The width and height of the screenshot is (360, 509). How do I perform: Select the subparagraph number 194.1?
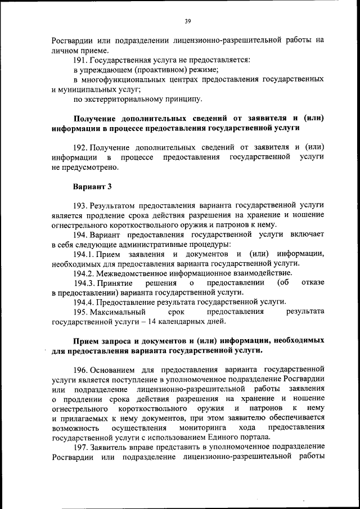pyautogui.click(x=85, y=254)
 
